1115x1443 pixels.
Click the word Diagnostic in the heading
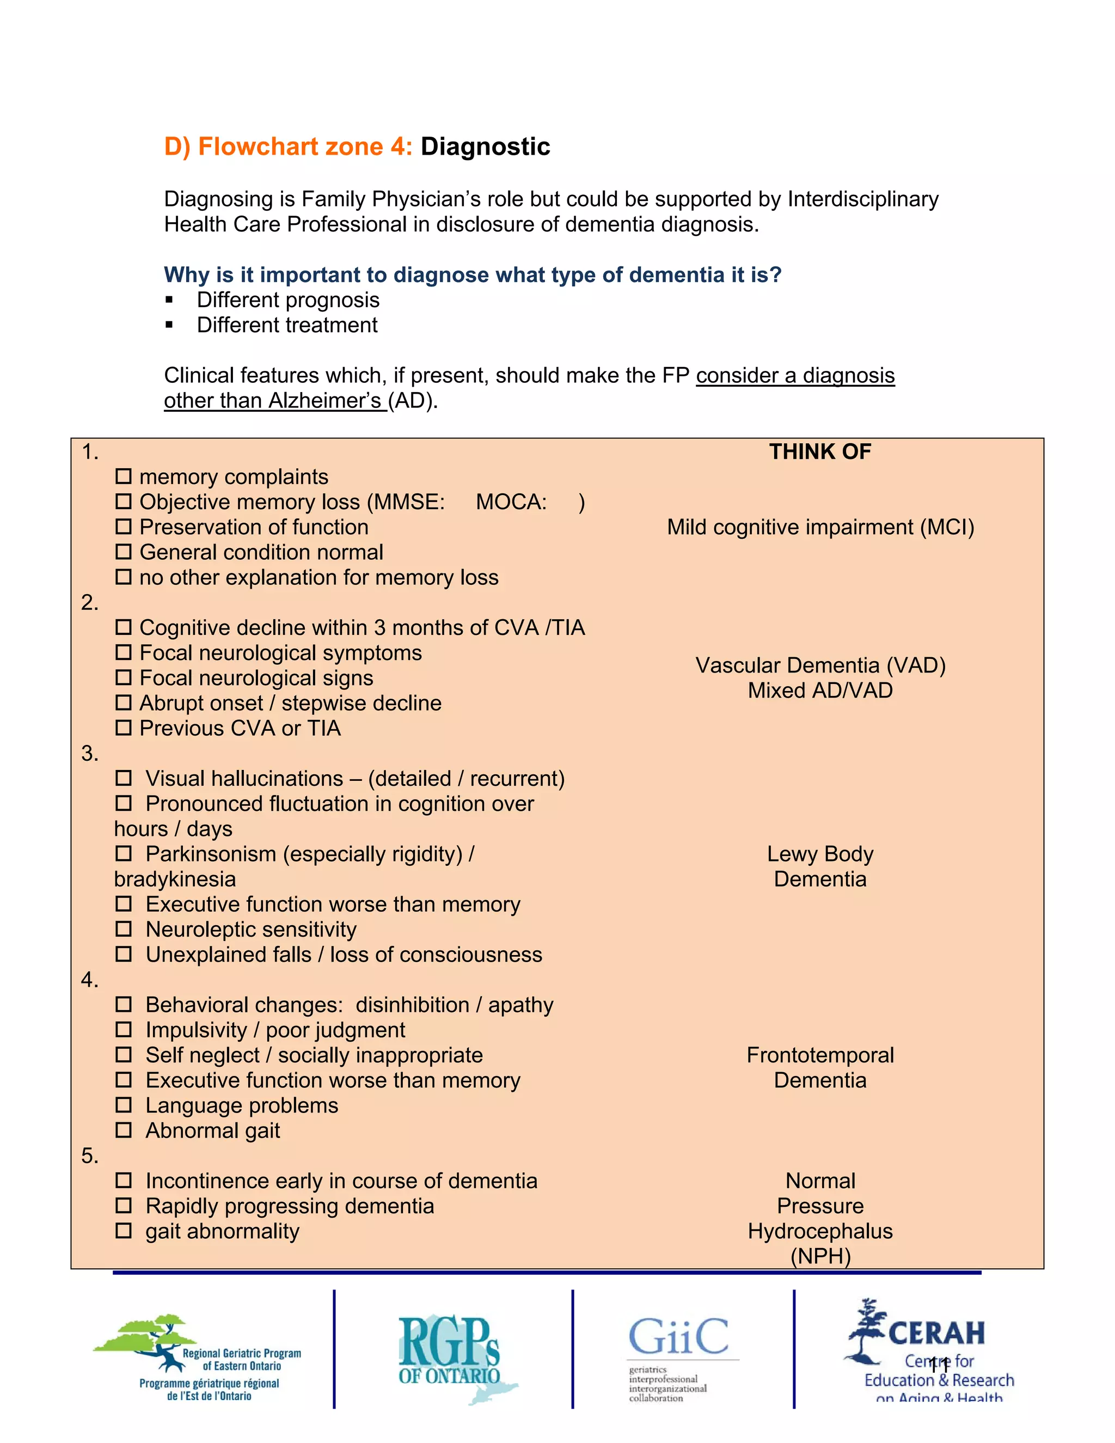[x=485, y=146]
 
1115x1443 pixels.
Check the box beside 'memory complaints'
[x=124, y=476]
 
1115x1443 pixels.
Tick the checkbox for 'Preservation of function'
[x=124, y=527]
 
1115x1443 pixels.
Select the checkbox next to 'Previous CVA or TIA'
[x=124, y=727]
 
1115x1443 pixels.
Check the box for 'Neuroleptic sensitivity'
[x=124, y=929]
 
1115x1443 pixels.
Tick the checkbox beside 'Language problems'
[x=124, y=1105]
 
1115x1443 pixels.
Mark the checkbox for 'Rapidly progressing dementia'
[x=124, y=1205]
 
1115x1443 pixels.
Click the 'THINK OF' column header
[x=820, y=452]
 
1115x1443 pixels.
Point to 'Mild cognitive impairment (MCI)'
[x=820, y=527]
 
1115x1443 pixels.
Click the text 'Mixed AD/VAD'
[x=820, y=690]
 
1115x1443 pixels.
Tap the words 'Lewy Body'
[x=820, y=854]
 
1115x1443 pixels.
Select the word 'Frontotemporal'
[x=820, y=1055]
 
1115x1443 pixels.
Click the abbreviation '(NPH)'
[x=820, y=1256]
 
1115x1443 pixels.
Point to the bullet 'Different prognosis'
[x=288, y=300]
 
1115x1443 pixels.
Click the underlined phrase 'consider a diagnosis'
[x=795, y=375]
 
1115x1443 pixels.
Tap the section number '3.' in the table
[x=90, y=753]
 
